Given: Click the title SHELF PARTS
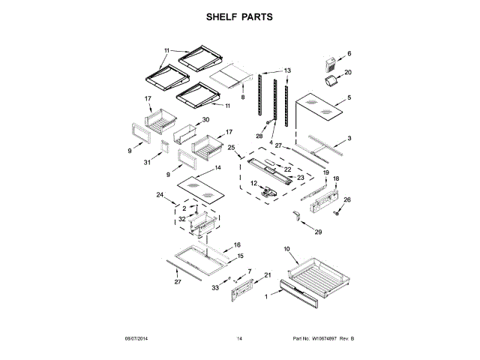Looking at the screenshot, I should point(240,16).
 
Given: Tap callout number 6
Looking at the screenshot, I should point(349,54).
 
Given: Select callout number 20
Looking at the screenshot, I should point(348,73).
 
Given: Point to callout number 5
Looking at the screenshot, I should point(348,98).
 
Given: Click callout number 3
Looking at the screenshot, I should point(349,139).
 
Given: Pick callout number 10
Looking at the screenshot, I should point(286,248).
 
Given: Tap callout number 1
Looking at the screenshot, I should point(266,298).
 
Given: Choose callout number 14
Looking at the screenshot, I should point(217,168).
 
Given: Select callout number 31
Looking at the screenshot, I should point(148,161).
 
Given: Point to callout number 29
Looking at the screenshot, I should point(318,233).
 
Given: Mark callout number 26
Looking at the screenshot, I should point(347,199).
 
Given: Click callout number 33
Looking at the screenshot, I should point(214,287).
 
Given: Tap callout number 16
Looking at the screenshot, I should point(237,244).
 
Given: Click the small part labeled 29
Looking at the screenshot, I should point(297,217).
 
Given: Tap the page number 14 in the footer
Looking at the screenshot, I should point(240,339).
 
